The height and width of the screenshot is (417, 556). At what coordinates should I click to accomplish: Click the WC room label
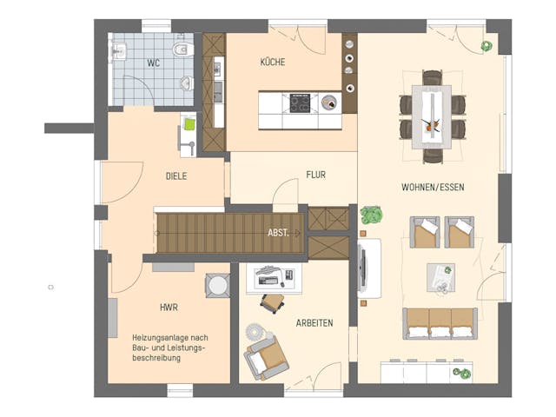tap(153, 63)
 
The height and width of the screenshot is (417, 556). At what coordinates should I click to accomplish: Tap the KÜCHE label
tap(272, 63)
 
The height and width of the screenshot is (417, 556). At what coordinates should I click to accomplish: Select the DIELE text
tap(177, 175)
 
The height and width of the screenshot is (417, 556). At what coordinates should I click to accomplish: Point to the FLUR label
tap(315, 175)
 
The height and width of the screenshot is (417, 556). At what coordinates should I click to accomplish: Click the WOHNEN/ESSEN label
tap(432, 188)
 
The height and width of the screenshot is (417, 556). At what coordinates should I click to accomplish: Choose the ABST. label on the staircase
tap(279, 233)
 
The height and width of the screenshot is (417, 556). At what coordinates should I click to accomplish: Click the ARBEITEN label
tap(314, 323)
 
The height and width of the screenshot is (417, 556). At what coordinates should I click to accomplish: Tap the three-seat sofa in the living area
tap(440, 322)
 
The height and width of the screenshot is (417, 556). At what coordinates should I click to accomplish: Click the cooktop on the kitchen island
tap(301, 103)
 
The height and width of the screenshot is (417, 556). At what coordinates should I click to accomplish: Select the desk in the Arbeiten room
tap(273, 278)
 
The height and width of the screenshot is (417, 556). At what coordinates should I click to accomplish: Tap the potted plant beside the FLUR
tap(373, 214)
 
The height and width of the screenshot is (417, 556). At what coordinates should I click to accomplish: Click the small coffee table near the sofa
tap(441, 276)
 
